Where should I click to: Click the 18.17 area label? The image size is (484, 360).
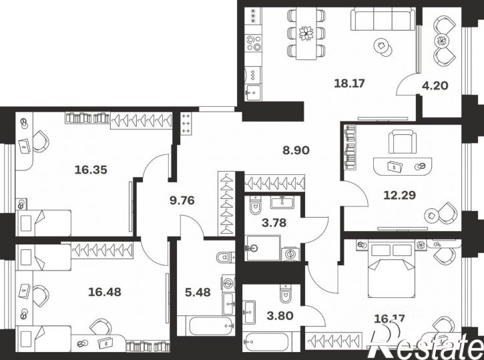[349, 83]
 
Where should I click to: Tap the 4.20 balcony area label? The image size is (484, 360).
[435, 85]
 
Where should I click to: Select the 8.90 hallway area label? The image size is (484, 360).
[296, 150]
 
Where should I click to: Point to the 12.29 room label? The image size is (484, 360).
[399, 195]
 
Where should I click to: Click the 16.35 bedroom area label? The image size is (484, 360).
[91, 170]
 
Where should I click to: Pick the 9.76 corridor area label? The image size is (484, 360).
[182, 200]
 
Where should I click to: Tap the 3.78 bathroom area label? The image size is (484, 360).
[274, 222]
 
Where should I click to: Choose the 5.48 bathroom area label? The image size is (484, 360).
[198, 292]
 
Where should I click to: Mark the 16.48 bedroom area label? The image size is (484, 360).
[105, 292]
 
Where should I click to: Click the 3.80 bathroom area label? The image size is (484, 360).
[280, 316]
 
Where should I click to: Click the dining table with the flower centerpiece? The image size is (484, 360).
[306, 33]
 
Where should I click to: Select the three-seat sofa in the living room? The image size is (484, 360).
[383, 19]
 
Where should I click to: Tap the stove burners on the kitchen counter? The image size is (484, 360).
[253, 43]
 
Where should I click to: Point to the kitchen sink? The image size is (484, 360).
[253, 92]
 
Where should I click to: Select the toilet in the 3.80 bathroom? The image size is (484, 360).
[286, 294]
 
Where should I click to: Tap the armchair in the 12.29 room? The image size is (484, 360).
[402, 142]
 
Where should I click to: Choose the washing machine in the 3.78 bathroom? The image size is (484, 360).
[290, 254]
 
